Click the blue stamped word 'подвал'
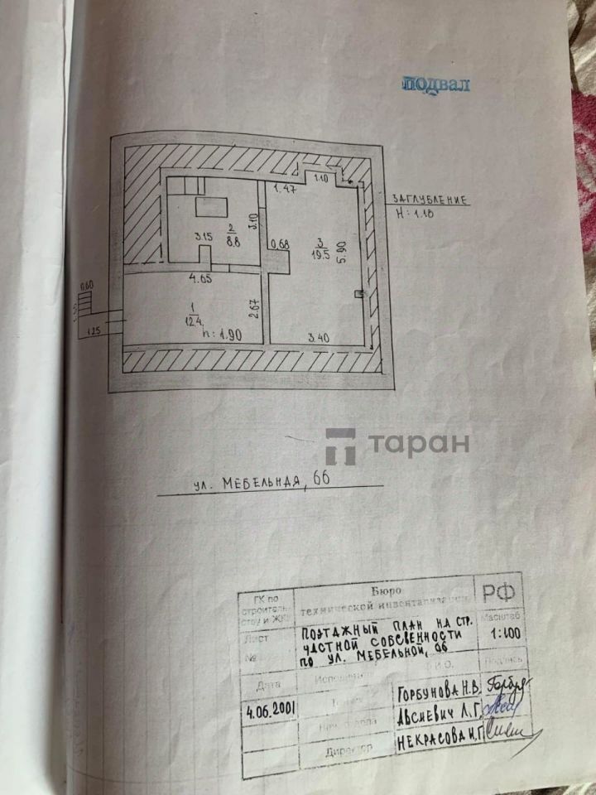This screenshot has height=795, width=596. click(435, 84)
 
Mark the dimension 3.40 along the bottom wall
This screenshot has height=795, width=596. click(320, 337)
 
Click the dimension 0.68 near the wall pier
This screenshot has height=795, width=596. click(280, 243)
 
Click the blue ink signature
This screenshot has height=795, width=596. click(500, 706)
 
